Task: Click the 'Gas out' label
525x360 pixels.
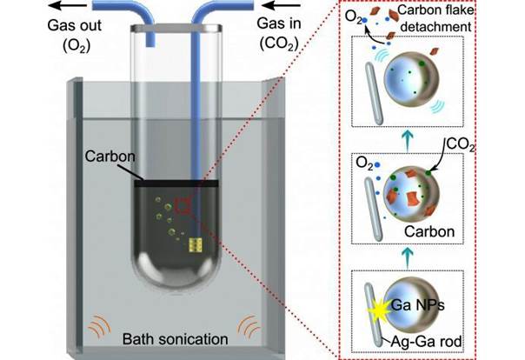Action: pos(75,25)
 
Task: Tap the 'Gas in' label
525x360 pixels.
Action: pos(279,23)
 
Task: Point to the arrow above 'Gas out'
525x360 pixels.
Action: pos(67,5)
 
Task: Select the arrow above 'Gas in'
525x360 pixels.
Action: pos(281,5)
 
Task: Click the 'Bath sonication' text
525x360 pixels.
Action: pos(175,339)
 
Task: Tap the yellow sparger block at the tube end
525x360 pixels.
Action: pos(194,244)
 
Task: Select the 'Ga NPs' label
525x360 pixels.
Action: pos(418,305)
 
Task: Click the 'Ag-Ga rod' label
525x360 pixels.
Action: pos(426,342)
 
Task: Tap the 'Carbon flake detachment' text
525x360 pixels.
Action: pos(436,18)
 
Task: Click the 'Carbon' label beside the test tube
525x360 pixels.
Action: pos(110,156)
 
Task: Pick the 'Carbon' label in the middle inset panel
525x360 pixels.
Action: pos(429,231)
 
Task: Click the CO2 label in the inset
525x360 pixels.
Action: pos(461,145)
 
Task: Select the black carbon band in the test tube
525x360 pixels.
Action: pos(176,183)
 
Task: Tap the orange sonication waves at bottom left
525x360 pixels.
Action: pos(99,326)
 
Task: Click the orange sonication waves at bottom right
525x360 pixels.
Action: pos(249,326)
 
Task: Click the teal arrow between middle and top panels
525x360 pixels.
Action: pos(408,139)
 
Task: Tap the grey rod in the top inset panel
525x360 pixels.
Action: pos(374,93)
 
